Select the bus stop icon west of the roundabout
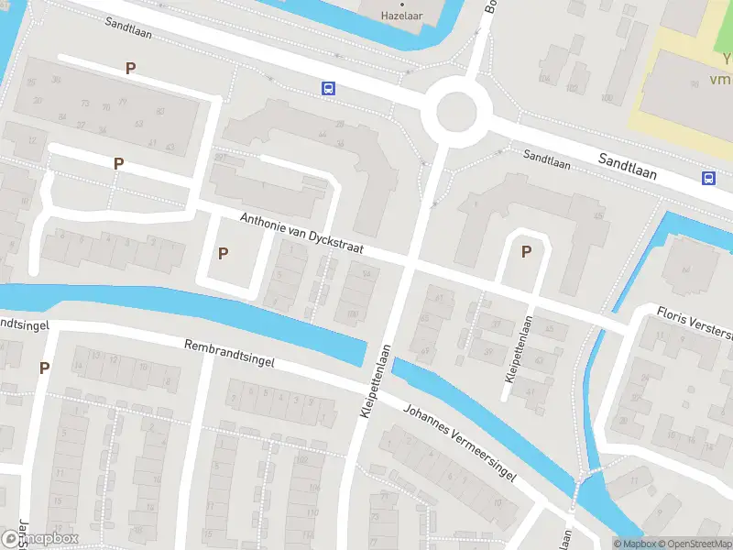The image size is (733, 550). [x=328, y=89]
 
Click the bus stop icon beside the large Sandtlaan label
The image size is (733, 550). [x=709, y=178]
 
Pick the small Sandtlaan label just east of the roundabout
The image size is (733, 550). [x=547, y=160]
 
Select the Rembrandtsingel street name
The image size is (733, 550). [x=229, y=355]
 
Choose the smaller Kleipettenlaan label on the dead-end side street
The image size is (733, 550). [x=520, y=350]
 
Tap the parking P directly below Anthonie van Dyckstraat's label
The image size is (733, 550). [x=223, y=253]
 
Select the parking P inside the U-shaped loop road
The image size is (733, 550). [x=526, y=251]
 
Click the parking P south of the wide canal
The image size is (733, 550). [x=44, y=368]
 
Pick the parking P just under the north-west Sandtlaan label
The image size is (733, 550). [x=131, y=68]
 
